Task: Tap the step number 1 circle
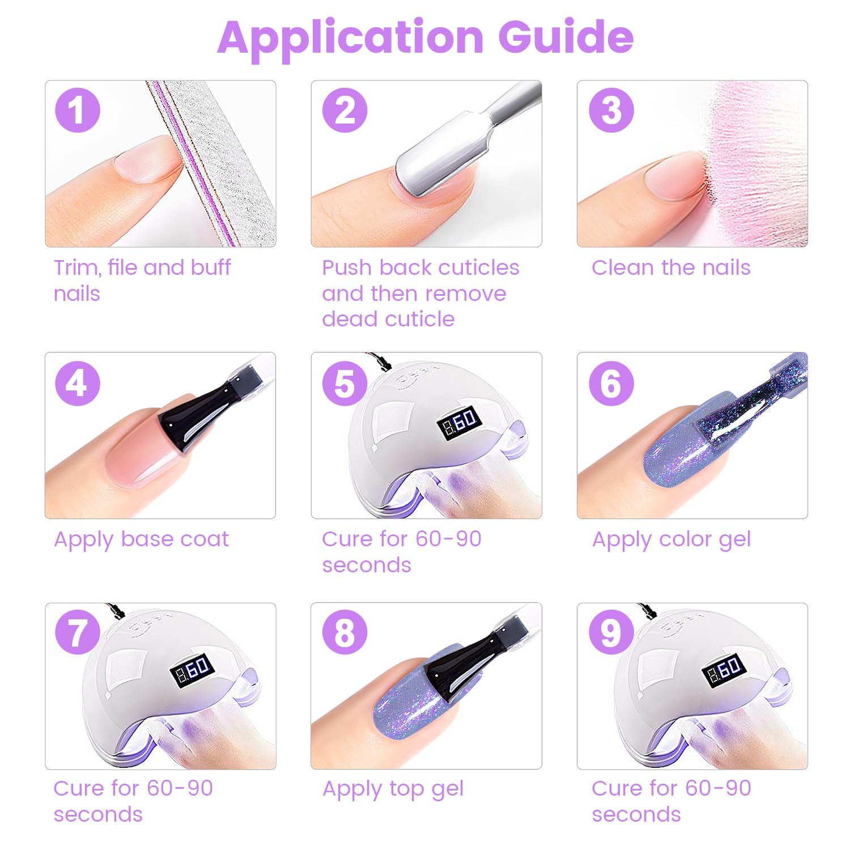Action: tap(78, 110)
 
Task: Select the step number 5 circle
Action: tap(345, 383)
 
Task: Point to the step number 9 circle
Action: tap(611, 632)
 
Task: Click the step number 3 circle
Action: tap(611, 110)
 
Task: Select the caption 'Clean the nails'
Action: tap(671, 267)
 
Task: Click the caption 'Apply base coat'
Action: tap(142, 539)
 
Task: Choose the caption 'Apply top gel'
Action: tap(393, 789)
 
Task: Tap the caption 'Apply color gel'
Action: tap(671, 539)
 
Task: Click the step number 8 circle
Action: tap(345, 632)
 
